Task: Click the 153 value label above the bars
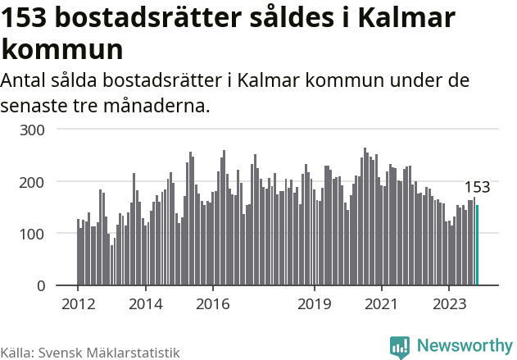(477, 187)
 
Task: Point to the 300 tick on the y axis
(43, 130)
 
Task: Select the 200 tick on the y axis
(43, 181)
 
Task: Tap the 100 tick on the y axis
(43, 234)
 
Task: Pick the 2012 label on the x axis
(78, 303)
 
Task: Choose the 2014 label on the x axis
(145, 303)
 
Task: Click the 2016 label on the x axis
(212, 303)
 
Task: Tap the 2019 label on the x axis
(314, 303)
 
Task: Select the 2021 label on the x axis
(381, 303)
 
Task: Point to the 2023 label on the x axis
(448, 303)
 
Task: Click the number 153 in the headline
(28, 18)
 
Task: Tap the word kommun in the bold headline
(62, 49)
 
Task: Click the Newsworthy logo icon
(400, 347)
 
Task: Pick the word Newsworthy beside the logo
(464, 346)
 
